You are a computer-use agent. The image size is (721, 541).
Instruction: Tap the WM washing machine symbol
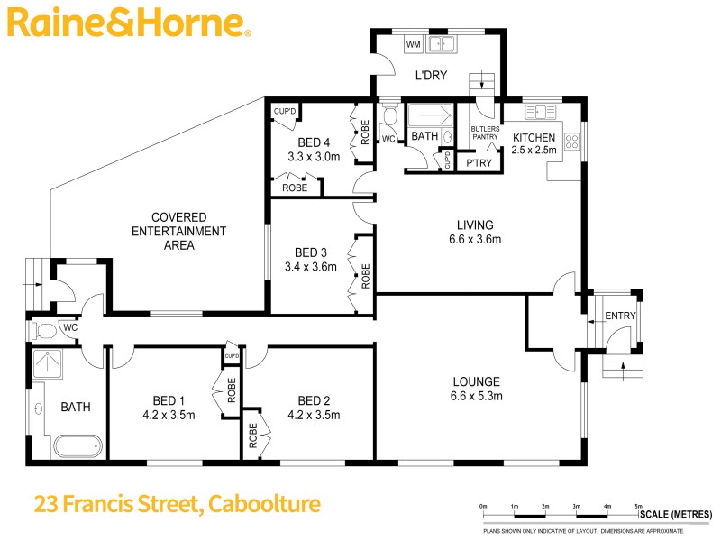[414, 44]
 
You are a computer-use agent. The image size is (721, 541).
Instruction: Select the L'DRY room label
[431, 76]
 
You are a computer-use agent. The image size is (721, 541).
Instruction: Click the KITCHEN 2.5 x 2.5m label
[534, 143]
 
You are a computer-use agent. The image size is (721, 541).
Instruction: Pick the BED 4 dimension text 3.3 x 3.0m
[313, 156]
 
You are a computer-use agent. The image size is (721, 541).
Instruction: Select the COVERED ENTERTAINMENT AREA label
[179, 231]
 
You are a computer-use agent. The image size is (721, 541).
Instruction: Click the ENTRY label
[620, 316]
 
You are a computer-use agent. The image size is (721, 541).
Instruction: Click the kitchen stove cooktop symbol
[570, 142]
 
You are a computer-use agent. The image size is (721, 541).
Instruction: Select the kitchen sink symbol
[542, 114]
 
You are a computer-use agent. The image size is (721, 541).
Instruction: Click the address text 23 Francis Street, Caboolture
[177, 503]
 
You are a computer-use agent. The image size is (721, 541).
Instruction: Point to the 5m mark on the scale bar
[638, 506]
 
